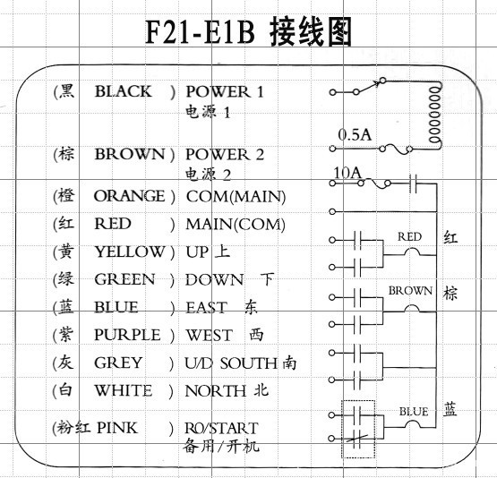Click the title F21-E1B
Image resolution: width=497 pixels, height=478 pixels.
[201, 33]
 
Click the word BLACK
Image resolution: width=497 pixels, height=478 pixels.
[124, 91]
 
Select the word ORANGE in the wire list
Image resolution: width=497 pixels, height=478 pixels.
[129, 195]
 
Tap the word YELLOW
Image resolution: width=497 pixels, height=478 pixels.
[130, 252]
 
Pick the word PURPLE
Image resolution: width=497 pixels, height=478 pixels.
[127, 335]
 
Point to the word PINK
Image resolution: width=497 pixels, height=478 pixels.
[117, 428]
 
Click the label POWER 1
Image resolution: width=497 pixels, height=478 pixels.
[225, 91]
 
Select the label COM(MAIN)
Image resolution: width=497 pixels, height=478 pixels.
[236, 196]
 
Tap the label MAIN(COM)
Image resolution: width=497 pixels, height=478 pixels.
[236, 224]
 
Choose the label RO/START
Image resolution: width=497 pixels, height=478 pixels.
[221, 428]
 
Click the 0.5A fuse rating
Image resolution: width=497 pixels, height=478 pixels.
[354, 134]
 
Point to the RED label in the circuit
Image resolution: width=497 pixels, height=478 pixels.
[409, 237]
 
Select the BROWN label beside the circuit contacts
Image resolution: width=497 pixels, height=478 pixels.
[410, 292]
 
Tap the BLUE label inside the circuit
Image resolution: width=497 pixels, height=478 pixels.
[414, 412]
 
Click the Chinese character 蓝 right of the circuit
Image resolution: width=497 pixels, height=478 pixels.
[450, 410]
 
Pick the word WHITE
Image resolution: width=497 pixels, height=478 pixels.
[123, 390]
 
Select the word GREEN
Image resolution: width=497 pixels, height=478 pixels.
[124, 279]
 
